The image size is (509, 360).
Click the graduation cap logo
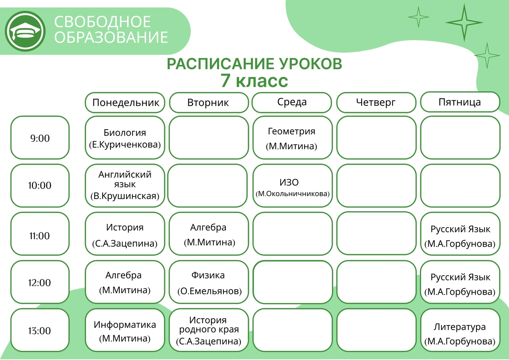pyautogui.click(x=25, y=31)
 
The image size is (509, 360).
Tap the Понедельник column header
pyautogui.click(x=125, y=103)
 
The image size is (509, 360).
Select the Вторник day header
pyautogui.click(x=209, y=103)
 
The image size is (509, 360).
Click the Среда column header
pyautogui.click(x=292, y=102)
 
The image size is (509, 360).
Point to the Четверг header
pyautogui.click(x=376, y=102)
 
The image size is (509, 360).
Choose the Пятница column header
pyautogui.click(x=460, y=102)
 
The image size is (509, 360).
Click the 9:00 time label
pyautogui.click(x=40, y=138)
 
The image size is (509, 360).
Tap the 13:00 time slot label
pyautogui.click(x=40, y=330)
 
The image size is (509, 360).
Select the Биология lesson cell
pyautogui.click(x=125, y=138)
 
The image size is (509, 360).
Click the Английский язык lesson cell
pyautogui.click(x=125, y=186)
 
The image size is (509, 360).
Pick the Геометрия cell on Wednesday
pyautogui.click(x=293, y=138)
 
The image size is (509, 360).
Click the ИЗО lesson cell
pyautogui.click(x=293, y=186)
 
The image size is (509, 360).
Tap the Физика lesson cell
pyautogui.click(x=209, y=282)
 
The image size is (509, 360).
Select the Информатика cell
pyautogui.click(x=125, y=330)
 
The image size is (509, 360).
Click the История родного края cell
pyautogui.click(x=209, y=330)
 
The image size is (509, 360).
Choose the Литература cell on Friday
pyautogui.click(x=460, y=330)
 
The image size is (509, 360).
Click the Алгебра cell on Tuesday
pyautogui.click(x=209, y=234)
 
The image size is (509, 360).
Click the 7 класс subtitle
pyautogui.click(x=254, y=81)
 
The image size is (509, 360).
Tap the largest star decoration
pyautogui.click(x=464, y=23)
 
